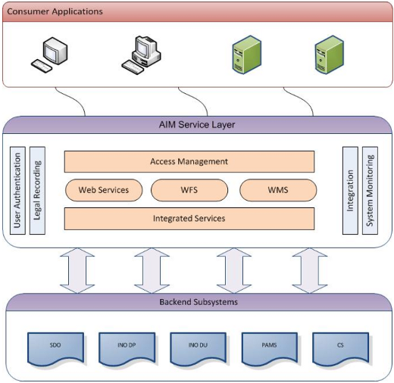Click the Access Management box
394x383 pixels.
pos(189,161)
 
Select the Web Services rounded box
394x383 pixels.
pos(104,190)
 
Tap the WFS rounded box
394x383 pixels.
pos(189,190)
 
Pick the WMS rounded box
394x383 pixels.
pos(278,190)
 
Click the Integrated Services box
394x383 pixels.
pos(189,219)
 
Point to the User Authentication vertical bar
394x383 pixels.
pos(17,191)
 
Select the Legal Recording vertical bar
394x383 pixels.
pos(37,191)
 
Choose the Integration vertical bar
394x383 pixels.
pos(350,191)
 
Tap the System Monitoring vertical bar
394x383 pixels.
pos(370,191)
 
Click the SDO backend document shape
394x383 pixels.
pos(55,348)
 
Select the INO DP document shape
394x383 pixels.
pos(127,348)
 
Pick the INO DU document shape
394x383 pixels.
pos(198,348)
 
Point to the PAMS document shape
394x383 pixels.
pos(270,348)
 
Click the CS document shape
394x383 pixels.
pos(340,348)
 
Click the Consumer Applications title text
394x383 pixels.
pos(55,11)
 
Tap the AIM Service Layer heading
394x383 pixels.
pos(197,125)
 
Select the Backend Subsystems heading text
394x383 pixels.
pos(199,302)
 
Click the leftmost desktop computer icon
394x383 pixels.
pos(50,54)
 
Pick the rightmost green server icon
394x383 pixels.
pos(330,54)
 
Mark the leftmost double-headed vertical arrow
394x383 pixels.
pos(77,270)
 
